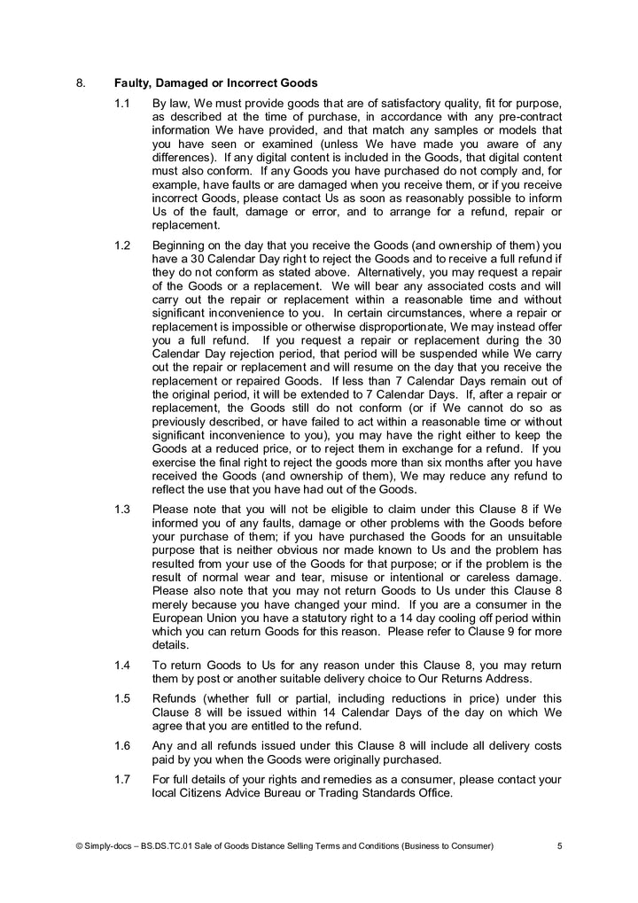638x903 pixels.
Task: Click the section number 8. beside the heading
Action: pos(81,84)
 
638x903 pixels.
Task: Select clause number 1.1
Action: pos(123,104)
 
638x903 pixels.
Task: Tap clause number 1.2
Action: pos(123,245)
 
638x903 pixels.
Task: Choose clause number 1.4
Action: pos(123,665)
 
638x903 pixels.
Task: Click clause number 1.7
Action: pos(123,779)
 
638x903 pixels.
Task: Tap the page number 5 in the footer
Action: pos(559,846)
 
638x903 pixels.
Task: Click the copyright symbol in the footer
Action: pos(79,846)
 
